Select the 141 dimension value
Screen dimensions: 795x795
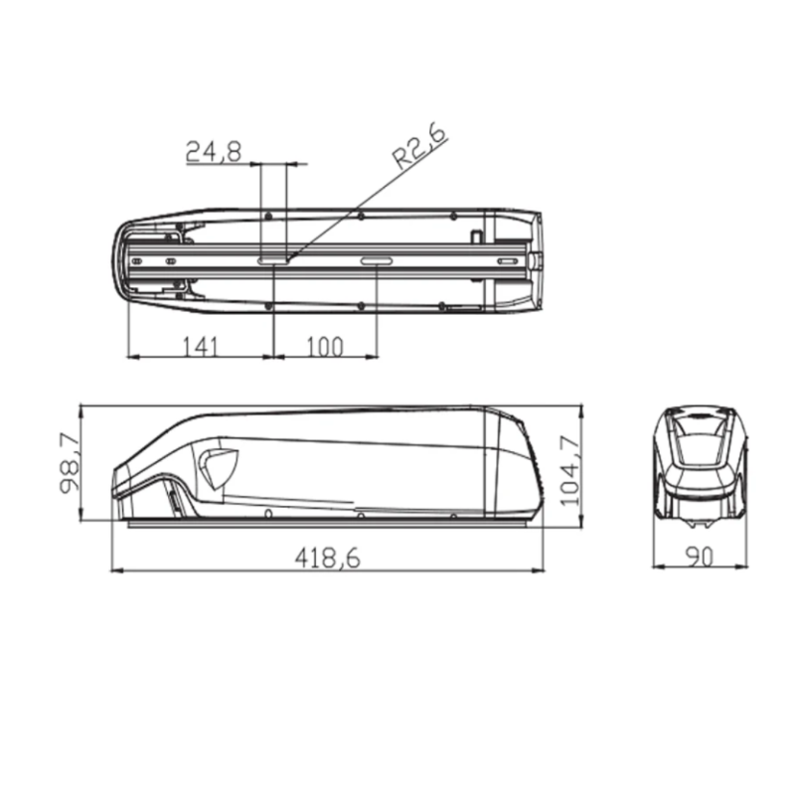click(x=200, y=346)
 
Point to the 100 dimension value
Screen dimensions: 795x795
click(x=324, y=346)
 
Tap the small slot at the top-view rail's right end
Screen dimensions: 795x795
click(x=507, y=261)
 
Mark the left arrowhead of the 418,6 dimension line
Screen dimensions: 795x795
click(x=114, y=570)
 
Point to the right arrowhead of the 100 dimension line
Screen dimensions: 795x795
click(x=375, y=356)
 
